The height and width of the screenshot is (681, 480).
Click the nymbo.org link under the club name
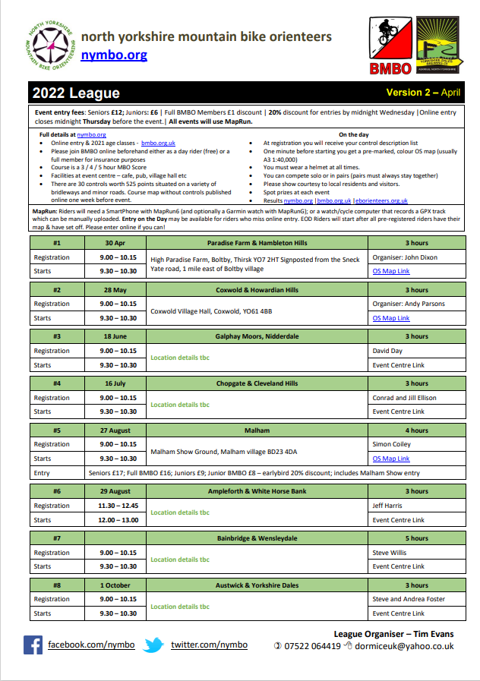tap(114, 55)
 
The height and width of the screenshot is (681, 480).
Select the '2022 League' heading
tap(76, 93)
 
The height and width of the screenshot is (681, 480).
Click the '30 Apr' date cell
tap(118, 243)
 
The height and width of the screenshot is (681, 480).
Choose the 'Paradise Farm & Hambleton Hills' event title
tap(257, 243)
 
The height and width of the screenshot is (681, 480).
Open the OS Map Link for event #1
tap(390, 271)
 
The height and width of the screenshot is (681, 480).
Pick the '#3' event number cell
tap(56, 336)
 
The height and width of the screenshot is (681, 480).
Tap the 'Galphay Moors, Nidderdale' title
tap(257, 336)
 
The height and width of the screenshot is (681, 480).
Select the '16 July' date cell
tap(118, 383)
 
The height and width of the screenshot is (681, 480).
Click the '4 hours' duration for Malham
tap(416, 430)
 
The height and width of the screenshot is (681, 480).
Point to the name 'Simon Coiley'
tap(391, 444)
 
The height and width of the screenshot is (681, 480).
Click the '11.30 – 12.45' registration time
tap(118, 506)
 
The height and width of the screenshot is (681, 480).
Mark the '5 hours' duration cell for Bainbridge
tap(416, 538)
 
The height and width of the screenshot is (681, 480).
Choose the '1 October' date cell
tap(118, 585)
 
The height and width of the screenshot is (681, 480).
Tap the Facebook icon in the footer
tap(33, 645)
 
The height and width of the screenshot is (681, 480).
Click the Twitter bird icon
tap(154, 645)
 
